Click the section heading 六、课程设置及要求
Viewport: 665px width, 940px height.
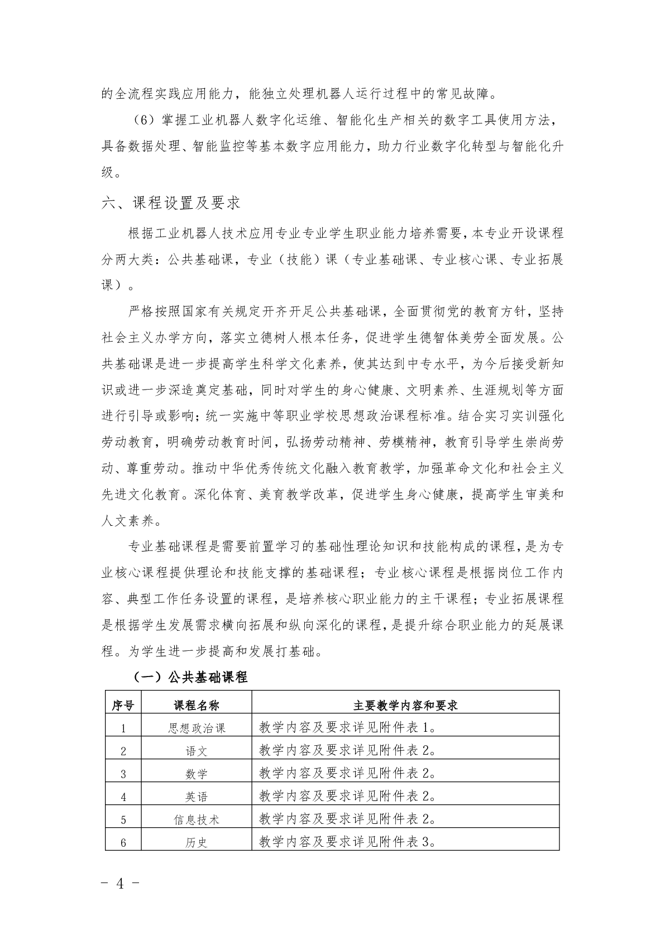click(171, 203)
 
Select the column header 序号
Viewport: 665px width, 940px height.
click(123, 705)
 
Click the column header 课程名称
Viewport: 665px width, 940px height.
click(197, 705)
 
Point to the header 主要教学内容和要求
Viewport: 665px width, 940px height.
click(405, 705)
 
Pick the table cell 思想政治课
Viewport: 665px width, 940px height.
click(197, 728)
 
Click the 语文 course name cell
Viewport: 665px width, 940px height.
click(197, 751)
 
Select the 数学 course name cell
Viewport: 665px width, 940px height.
click(197, 774)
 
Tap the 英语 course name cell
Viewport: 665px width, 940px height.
click(197, 797)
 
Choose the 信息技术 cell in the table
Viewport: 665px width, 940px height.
click(197, 819)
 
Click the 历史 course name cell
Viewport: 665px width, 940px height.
click(197, 842)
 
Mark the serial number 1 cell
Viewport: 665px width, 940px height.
click(123, 728)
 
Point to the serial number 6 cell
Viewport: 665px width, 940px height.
click(123, 842)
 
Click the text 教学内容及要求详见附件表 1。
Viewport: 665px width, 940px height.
click(347, 727)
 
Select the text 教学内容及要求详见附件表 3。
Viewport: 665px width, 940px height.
click(347, 842)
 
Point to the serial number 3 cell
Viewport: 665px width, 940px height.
click(123, 774)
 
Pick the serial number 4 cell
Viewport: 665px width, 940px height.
click(123, 797)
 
